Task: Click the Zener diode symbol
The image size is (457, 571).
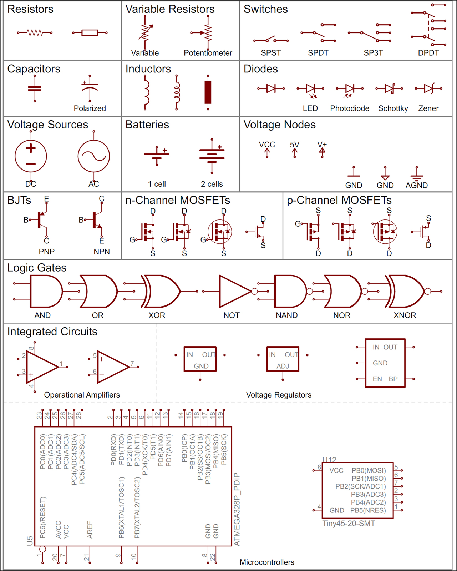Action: tap(428, 89)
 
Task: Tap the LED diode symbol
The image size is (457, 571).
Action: tap(310, 90)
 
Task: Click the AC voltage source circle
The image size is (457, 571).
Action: tap(93, 141)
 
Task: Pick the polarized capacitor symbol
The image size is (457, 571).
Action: tap(90, 89)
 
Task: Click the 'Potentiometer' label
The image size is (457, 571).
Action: tap(208, 53)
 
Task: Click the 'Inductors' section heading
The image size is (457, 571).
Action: tap(148, 69)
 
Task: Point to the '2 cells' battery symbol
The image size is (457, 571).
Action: tap(212, 156)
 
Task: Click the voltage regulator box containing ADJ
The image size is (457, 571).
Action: tap(283, 359)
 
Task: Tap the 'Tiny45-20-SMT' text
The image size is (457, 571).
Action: tap(349, 524)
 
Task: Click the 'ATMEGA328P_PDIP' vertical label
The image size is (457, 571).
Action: tap(237, 509)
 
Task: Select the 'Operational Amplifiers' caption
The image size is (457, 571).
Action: tap(82, 395)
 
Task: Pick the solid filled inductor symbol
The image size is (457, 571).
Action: tap(208, 92)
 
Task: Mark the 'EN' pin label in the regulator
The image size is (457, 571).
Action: tap(377, 379)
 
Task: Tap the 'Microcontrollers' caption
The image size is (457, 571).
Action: tap(267, 562)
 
